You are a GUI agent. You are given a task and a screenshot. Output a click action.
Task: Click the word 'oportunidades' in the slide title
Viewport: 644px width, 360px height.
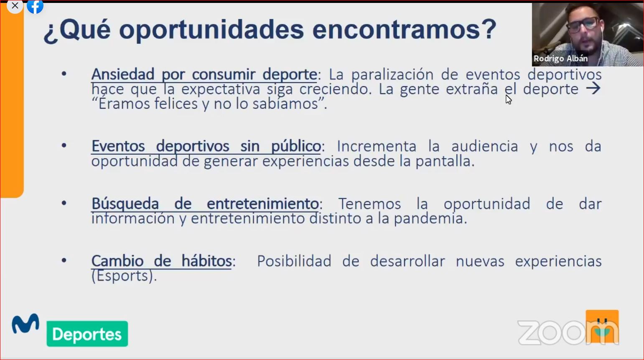click(211, 31)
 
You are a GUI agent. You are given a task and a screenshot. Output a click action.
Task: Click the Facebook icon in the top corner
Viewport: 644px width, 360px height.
click(35, 6)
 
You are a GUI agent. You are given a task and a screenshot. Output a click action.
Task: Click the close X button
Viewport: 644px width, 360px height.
click(15, 6)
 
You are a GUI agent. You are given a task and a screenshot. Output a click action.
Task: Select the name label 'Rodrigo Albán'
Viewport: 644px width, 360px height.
click(560, 59)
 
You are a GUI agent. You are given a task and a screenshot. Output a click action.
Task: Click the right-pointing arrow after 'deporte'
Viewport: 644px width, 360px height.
click(593, 89)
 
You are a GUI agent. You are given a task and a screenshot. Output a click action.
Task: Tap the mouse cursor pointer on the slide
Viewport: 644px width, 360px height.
click(508, 100)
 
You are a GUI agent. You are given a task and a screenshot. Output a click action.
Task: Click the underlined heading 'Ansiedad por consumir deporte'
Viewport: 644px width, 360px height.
click(204, 75)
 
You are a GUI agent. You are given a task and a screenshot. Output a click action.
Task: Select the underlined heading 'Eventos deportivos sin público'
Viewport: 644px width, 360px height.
click(206, 146)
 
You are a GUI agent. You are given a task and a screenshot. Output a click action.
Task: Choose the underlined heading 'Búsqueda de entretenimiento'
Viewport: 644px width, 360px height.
click(205, 204)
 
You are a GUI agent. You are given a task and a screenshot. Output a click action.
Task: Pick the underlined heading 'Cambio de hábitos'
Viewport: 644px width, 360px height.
click(162, 261)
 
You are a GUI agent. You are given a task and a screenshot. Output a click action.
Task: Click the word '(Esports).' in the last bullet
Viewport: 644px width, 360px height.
click(124, 276)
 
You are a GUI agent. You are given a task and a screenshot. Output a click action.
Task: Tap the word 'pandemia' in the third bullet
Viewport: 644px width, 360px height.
click(430, 219)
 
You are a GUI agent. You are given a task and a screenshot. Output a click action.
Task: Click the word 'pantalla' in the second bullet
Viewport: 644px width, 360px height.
click(445, 161)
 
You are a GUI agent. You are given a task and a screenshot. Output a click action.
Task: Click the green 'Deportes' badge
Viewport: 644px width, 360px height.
click(87, 334)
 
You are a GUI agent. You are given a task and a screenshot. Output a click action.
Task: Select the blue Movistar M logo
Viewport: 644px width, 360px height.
click(25, 324)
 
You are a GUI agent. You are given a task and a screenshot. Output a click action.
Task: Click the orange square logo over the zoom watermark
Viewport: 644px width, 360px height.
click(602, 327)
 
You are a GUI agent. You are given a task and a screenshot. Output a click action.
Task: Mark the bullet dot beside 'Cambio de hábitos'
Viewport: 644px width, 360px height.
click(64, 260)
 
